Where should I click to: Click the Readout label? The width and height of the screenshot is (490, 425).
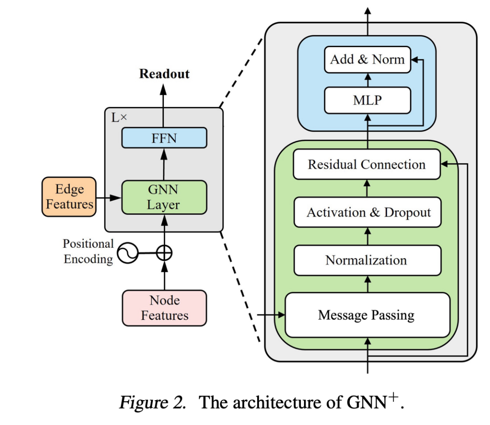point(164,74)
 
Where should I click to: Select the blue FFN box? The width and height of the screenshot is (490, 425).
point(164,138)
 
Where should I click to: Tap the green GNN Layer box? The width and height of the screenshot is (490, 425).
point(164,197)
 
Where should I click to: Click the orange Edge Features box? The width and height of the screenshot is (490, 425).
point(69,197)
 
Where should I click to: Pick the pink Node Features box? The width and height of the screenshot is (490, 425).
point(164,308)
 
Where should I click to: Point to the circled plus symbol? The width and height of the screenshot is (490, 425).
point(164,253)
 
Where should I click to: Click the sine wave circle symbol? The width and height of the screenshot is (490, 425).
point(127,253)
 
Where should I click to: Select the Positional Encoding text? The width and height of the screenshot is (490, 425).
point(88,251)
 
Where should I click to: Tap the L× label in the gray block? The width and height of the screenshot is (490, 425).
point(119,117)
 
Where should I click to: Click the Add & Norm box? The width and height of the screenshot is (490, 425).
point(367,59)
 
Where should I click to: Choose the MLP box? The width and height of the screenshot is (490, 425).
point(367,100)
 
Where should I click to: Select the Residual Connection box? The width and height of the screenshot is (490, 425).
point(367,164)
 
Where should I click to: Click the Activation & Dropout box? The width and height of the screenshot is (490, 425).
point(367,212)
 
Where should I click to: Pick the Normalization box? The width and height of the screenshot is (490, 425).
point(367,260)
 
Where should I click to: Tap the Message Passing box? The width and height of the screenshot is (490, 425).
point(367,315)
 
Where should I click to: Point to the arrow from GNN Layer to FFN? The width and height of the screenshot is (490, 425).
point(164,164)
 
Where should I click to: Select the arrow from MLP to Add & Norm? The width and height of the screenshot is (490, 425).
point(367,80)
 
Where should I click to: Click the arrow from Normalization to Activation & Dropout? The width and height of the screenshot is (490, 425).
point(367,236)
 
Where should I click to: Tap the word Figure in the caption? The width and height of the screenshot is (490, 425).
point(152,402)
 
